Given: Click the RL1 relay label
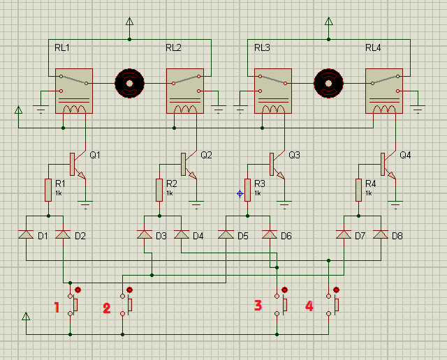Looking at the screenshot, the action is [x=62, y=47].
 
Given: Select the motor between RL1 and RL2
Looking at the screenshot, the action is [x=130, y=84].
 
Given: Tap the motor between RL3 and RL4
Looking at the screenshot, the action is [x=329, y=84].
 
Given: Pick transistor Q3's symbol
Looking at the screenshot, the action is [x=277, y=165].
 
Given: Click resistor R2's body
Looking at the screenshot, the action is [x=159, y=190].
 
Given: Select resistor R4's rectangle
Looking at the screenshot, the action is [x=358, y=190].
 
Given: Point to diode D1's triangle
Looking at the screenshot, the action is [x=26, y=234].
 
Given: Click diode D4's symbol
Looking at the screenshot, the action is [x=182, y=234].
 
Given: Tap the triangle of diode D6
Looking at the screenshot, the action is [x=270, y=234].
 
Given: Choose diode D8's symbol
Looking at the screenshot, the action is [x=381, y=234].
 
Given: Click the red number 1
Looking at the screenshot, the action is [x=57, y=307].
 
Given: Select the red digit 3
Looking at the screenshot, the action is [x=258, y=305].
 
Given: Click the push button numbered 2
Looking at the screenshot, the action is [x=126, y=305].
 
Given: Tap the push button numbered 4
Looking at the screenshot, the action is [x=332, y=305].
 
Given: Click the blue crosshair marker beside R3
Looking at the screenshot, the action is [x=240, y=194].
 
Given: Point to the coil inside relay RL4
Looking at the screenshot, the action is [x=384, y=110].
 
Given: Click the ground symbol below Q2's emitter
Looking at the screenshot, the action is [x=196, y=205].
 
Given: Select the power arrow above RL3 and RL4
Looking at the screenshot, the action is [x=329, y=22].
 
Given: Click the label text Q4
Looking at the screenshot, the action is [x=405, y=155].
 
